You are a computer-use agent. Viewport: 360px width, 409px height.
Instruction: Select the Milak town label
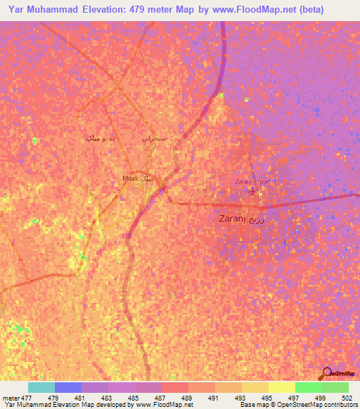pyautogui.click(x=138, y=178)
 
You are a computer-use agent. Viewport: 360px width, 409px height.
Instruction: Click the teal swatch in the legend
pyautogui.click(x=41, y=387)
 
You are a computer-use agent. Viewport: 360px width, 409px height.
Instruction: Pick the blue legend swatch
pyautogui.click(x=68, y=387)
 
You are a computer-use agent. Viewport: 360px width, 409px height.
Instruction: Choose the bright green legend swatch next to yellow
pyautogui.click(x=308, y=387)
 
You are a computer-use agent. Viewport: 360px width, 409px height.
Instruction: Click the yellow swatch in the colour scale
pyautogui.click(x=281, y=387)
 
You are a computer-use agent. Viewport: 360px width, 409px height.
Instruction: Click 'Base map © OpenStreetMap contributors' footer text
pyautogui.click(x=299, y=405)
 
